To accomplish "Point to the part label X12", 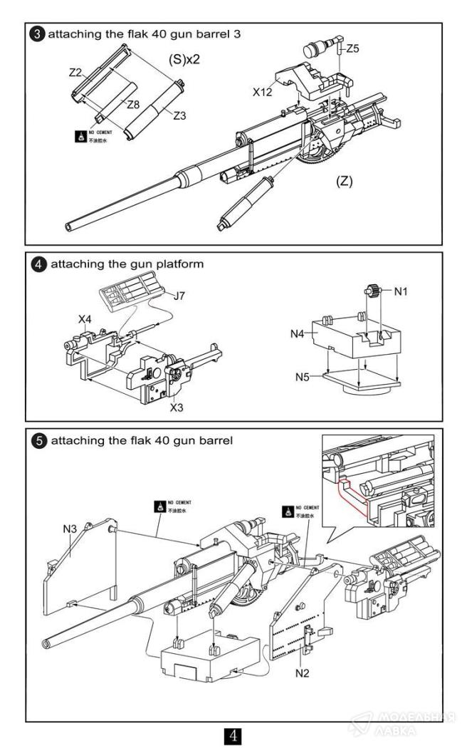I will tap(262, 93).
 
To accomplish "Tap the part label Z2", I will tap(76, 72).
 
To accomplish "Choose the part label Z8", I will tap(132, 105).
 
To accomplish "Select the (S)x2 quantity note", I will tap(183, 60).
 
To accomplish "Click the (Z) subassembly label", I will tap(345, 181).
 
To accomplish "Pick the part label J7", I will tap(179, 294).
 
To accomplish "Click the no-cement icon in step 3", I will tap(80, 135).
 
